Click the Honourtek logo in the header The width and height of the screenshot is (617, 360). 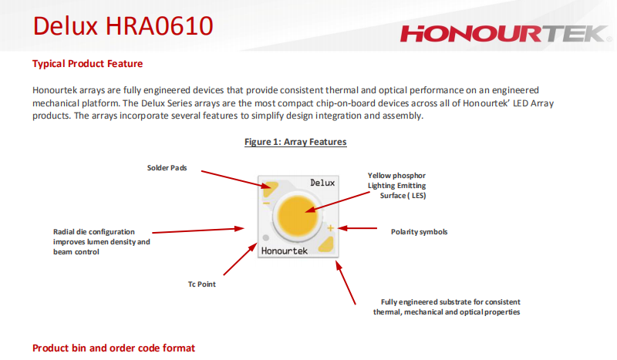tap(506, 33)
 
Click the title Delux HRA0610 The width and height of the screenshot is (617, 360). tap(123, 26)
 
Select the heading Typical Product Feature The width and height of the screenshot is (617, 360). tap(87, 64)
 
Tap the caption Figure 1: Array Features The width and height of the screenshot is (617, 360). tap(295, 142)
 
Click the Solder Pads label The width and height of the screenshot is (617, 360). tap(167, 167)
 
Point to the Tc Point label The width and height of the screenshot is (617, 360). tap(201, 284)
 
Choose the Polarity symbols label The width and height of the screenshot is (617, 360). tap(419, 232)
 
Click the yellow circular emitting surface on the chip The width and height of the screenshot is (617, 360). tap(298, 217)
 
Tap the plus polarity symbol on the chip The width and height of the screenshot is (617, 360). tap(331, 228)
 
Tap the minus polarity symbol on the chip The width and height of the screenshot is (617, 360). tap(266, 203)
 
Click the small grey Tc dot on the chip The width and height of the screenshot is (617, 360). tap(266, 237)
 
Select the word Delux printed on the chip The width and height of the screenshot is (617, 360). tap(322, 183)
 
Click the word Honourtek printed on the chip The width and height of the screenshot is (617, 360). tap(284, 251)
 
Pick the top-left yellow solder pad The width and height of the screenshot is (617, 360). tap(270, 188)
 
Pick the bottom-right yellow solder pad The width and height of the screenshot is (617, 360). tap(326, 244)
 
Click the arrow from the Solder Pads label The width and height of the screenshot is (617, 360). tap(236, 180)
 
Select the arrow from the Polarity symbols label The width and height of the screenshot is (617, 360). tap(357, 228)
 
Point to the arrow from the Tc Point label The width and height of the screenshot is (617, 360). tap(240, 259)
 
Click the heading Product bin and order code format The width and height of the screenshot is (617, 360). tap(113, 348)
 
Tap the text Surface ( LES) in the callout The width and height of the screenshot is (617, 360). tap(403, 196)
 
